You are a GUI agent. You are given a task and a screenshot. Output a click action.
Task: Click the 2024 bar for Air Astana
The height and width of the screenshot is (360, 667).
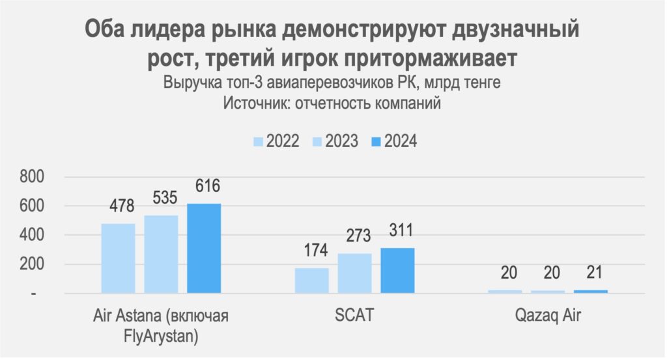click(204, 248)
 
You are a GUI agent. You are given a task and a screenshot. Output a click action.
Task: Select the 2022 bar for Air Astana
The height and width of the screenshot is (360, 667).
click(118, 258)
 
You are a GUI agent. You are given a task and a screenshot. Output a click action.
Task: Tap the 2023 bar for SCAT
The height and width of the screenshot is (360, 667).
click(354, 273)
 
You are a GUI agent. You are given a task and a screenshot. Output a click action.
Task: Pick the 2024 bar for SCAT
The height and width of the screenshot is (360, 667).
click(397, 271)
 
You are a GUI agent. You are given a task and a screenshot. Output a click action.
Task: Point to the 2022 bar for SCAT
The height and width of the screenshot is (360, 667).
click(311, 281)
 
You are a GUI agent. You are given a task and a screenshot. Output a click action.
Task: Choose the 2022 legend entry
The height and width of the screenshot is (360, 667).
click(276, 141)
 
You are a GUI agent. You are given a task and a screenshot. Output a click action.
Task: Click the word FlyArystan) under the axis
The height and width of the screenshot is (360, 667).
click(161, 336)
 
